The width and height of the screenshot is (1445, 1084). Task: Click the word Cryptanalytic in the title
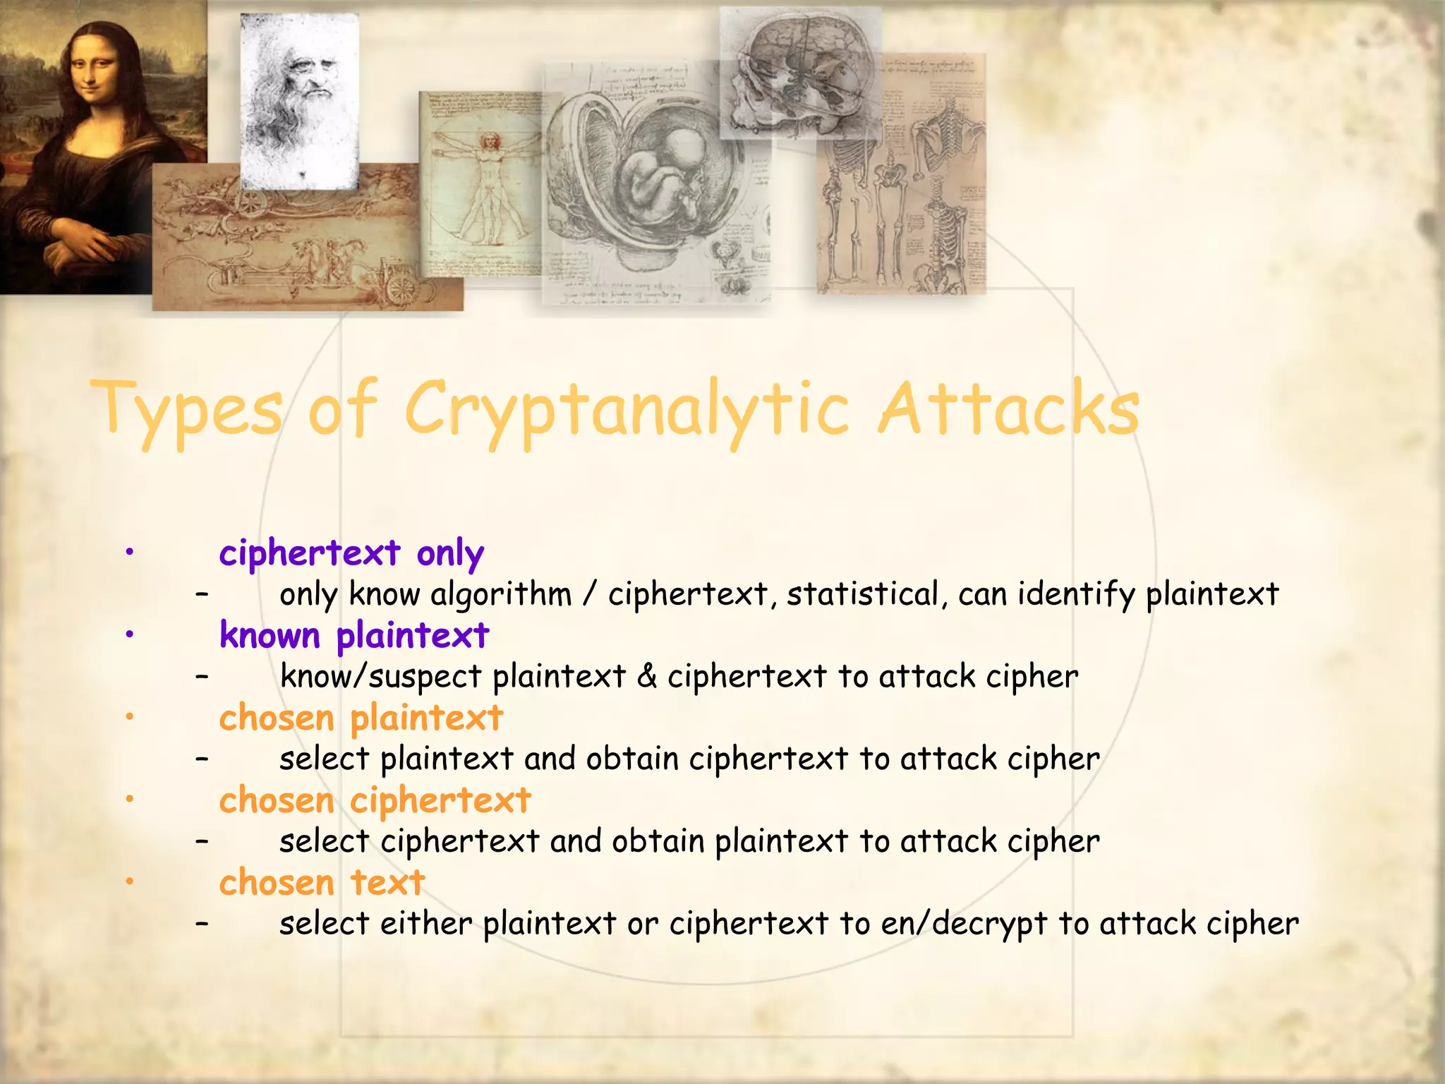(627, 409)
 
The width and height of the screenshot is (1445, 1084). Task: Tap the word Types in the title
(187, 409)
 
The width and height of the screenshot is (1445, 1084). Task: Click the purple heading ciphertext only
(351, 553)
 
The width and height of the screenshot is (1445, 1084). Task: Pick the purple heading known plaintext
(353, 635)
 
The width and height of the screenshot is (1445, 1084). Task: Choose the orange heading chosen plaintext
(361, 718)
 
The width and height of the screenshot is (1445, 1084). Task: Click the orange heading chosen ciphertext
(375, 800)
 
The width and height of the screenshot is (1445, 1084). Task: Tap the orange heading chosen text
(322, 883)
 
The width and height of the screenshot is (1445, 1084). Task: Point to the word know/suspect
(380, 676)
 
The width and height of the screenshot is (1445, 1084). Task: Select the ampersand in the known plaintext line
(646, 676)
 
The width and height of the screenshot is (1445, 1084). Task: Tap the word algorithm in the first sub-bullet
(500, 594)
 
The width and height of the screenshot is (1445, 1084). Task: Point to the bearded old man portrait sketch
(300, 92)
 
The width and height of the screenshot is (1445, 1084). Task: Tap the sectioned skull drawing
(801, 71)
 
